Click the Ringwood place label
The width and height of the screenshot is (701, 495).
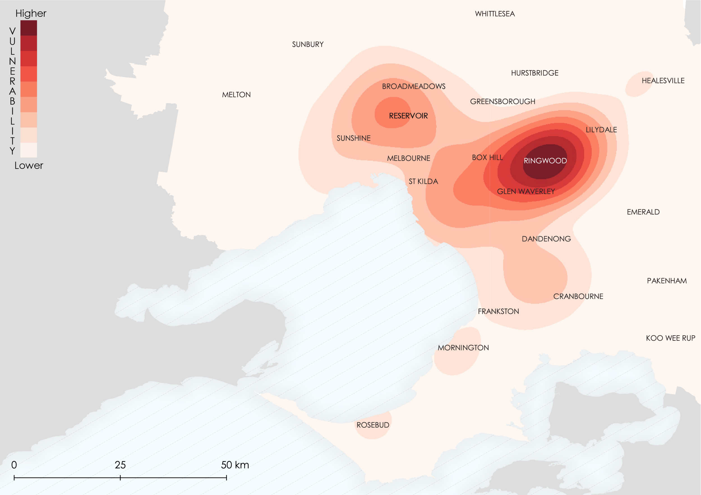click(545, 161)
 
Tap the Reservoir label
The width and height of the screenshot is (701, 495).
click(408, 116)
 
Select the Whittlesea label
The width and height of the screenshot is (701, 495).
click(495, 14)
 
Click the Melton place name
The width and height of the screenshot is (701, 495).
click(236, 95)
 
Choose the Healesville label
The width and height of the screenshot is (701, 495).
click(663, 81)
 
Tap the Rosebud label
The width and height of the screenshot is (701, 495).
click(373, 425)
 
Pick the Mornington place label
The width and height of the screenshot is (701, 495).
click(463, 348)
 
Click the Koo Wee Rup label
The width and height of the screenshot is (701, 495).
click(670, 338)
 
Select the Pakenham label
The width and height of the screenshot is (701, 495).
click(667, 281)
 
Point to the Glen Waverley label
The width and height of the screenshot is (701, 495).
click(526, 192)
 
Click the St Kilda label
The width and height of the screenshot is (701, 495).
click(423, 182)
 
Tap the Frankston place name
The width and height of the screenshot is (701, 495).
click(498, 312)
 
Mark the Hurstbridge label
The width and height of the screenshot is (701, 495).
click(535, 73)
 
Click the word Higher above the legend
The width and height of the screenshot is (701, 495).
click(31, 13)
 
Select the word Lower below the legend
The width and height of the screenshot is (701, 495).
click(29, 166)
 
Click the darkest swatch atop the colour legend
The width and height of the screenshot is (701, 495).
click(29, 28)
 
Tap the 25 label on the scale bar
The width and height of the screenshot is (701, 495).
click(120, 465)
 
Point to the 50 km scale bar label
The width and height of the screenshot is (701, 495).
click(235, 465)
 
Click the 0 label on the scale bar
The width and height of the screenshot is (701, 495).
click(14, 465)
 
